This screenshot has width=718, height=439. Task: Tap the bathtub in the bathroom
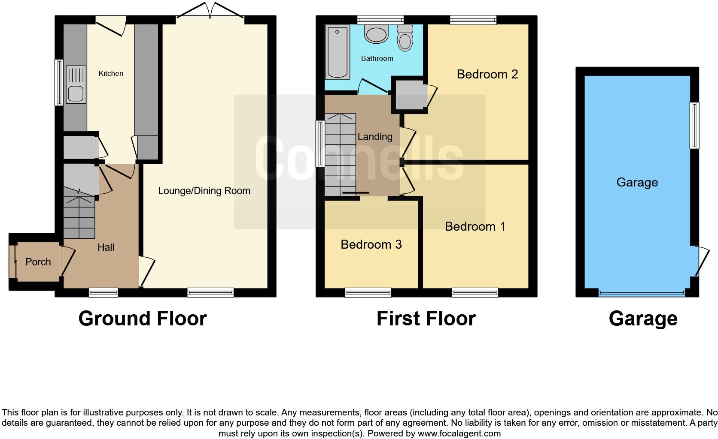(338, 52)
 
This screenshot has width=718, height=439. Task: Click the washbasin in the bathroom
(377, 34)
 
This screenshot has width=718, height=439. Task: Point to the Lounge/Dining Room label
(204, 191)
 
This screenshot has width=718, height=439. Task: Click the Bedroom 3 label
(371, 244)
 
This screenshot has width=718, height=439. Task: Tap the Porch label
(38, 262)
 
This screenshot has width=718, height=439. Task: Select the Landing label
(375, 137)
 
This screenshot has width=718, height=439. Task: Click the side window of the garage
(694, 125)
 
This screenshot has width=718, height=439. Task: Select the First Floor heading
(426, 319)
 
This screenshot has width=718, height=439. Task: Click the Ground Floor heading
(143, 319)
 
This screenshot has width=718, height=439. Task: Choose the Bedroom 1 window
(475, 293)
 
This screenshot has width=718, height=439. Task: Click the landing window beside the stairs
(320, 143)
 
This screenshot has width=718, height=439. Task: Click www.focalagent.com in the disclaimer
(459, 433)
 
